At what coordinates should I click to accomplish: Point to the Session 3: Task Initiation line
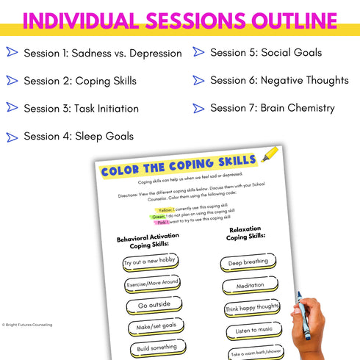pos(81,108)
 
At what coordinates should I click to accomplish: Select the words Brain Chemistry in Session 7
pos(298,108)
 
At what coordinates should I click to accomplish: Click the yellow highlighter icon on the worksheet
pos(270,155)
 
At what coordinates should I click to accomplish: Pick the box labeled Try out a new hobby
pos(151,262)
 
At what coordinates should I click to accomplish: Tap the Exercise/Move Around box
pos(153,284)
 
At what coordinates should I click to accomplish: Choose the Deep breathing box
pos(248,262)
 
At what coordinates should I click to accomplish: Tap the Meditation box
pos(249,285)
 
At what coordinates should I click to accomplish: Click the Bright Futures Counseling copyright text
pos(27,325)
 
